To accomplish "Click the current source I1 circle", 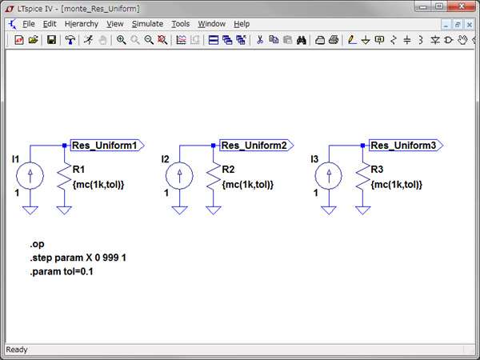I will coord(30,174).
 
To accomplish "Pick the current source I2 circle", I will coord(179,174).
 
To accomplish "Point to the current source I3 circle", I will coord(329,174).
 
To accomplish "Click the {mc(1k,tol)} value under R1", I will coord(98,185).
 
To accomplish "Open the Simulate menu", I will coord(147,24).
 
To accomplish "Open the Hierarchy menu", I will coord(81,24).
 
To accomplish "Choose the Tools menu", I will coord(180,24).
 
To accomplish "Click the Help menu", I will coord(242,24).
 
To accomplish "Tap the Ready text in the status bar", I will coord(17,350).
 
